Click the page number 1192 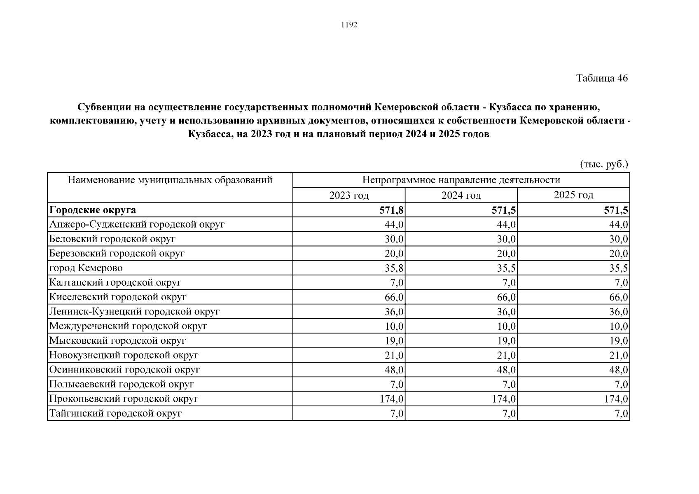click(349, 25)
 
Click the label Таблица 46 click(602, 78)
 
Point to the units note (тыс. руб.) click(604, 164)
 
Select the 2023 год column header click(349, 195)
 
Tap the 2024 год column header click(461, 195)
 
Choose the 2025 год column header click(573, 195)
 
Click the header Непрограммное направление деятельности click(461, 180)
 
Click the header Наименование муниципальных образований click(170, 180)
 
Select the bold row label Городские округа click(93, 210)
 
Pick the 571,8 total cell click(391, 210)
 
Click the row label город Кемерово click(86, 268)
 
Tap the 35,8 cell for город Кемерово click(394, 268)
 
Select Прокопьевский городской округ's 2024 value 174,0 click(504, 399)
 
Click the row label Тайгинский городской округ click(115, 413)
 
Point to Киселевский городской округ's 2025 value click(619, 297)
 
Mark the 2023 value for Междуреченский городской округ click(394, 326)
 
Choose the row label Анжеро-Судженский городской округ click(137, 224)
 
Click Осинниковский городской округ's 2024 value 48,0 click(506, 370)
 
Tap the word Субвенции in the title click(103, 108)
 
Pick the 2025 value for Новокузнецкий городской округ click(619, 355)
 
